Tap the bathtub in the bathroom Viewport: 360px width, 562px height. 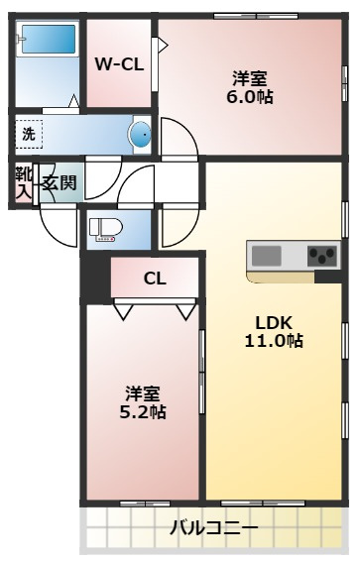[x=48, y=43]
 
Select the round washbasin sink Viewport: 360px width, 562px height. [x=141, y=135]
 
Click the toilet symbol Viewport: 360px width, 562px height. [x=103, y=229]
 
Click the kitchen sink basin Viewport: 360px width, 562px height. [x=266, y=255]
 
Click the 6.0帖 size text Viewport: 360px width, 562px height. [x=252, y=97]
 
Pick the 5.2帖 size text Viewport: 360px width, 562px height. [x=144, y=411]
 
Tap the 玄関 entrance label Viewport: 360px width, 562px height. [x=59, y=182]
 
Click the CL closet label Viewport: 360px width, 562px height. [x=155, y=279]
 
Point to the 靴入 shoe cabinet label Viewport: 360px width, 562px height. [x=22, y=182]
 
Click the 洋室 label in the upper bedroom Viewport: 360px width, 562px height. [x=251, y=77]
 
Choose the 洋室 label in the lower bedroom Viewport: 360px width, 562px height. [x=143, y=393]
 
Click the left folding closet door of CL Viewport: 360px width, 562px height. [x=125, y=311]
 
